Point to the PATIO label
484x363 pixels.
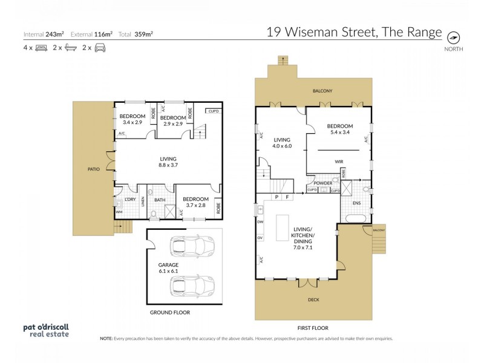[x=93, y=169]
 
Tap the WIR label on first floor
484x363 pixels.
[x=339, y=162]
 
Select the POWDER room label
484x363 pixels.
[x=322, y=183]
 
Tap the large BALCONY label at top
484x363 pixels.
[x=322, y=91]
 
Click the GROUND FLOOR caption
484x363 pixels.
[x=169, y=313]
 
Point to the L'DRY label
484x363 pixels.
[x=129, y=200]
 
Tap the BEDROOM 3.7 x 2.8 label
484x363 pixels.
[x=195, y=202]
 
